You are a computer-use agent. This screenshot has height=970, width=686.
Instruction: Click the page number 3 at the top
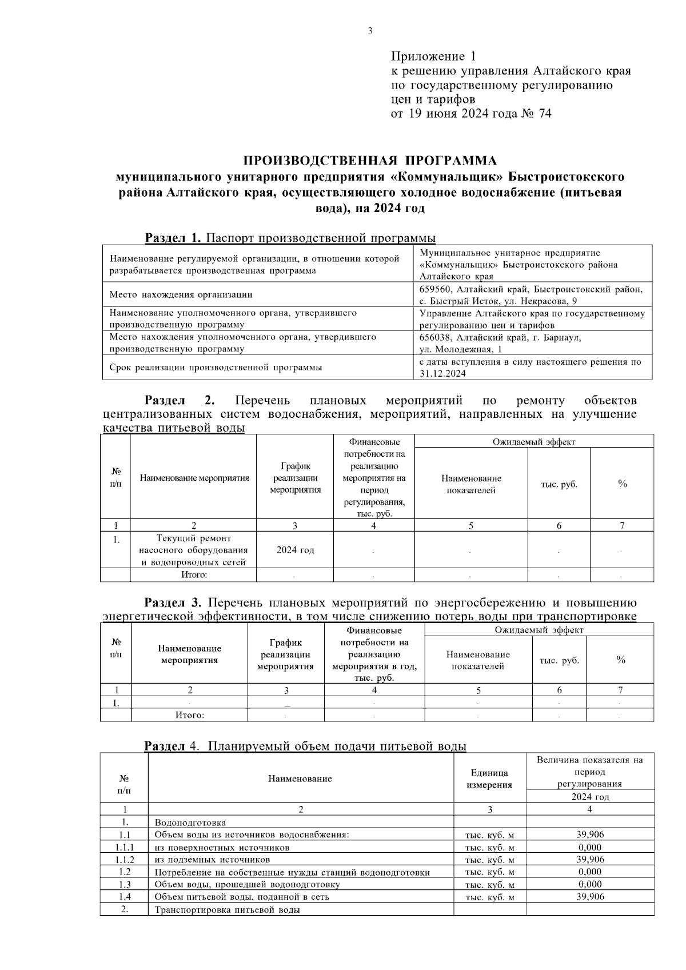[x=370, y=31]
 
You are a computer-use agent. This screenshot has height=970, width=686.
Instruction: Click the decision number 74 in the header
[x=545, y=114]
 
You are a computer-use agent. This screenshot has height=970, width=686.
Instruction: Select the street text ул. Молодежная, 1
[x=461, y=349]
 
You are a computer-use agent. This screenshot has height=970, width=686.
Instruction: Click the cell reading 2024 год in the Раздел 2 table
[x=295, y=550]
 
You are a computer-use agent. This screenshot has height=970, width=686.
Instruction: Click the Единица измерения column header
[x=489, y=779]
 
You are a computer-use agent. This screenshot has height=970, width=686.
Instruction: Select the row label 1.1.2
[x=124, y=859]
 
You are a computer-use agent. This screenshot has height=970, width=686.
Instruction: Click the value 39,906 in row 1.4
[x=590, y=896]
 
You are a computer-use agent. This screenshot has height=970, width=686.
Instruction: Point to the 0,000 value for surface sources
[x=590, y=847]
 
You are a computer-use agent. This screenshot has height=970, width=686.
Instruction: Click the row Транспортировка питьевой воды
[x=228, y=909]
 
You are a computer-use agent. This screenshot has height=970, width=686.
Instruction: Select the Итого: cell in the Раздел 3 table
[x=190, y=714]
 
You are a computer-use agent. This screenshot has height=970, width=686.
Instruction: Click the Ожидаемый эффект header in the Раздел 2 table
[x=534, y=441]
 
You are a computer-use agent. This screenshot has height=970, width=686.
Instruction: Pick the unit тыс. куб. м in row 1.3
[x=490, y=885]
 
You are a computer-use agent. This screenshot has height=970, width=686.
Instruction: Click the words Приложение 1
[x=433, y=56]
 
